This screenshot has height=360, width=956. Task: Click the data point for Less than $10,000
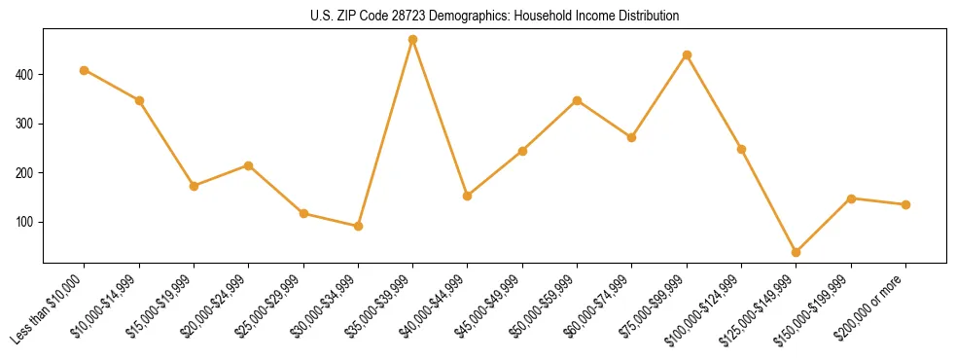85,70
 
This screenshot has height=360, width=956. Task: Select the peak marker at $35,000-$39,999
413,40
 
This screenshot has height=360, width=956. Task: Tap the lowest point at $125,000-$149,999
797,252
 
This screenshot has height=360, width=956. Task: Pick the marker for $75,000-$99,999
687,54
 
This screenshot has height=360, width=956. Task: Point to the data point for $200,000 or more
905,204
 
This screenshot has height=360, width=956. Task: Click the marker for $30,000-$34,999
359,226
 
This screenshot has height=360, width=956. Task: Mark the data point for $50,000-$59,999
578,100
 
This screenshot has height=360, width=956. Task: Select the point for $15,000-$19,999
194,186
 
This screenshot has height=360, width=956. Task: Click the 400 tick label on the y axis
25,75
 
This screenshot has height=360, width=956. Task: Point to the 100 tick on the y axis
25,222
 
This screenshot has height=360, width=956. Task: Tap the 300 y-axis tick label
25,124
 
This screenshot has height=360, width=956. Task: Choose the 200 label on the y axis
25,173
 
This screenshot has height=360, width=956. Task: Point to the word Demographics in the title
448,17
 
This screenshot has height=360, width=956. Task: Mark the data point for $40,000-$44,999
468,196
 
